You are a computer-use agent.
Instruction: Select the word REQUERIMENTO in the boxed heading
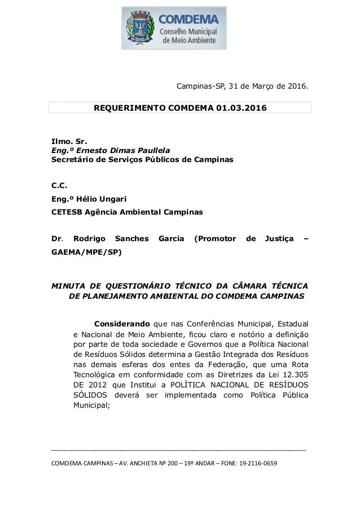[128, 107]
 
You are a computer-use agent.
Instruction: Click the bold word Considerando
[121, 324]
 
